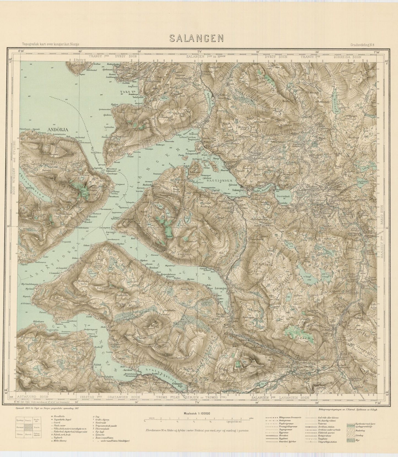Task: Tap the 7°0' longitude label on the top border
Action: (199, 51)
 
